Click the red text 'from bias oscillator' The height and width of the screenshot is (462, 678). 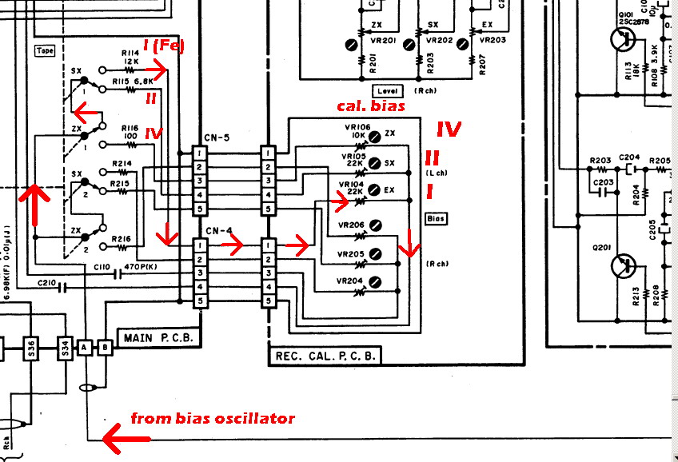coord(212,418)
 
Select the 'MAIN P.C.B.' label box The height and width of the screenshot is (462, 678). coord(157,337)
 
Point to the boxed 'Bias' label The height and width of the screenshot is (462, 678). coord(436,218)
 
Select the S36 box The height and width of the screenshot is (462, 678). coord(31,348)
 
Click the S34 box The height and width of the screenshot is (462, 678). coord(65,348)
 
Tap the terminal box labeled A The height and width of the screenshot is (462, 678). coord(85,348)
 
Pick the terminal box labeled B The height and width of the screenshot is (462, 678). coord(103,348)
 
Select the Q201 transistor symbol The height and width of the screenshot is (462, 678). coord(623,264)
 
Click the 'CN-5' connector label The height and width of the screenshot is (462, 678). coord(217,138)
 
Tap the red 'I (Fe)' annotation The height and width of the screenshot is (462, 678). coord(163,46)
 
